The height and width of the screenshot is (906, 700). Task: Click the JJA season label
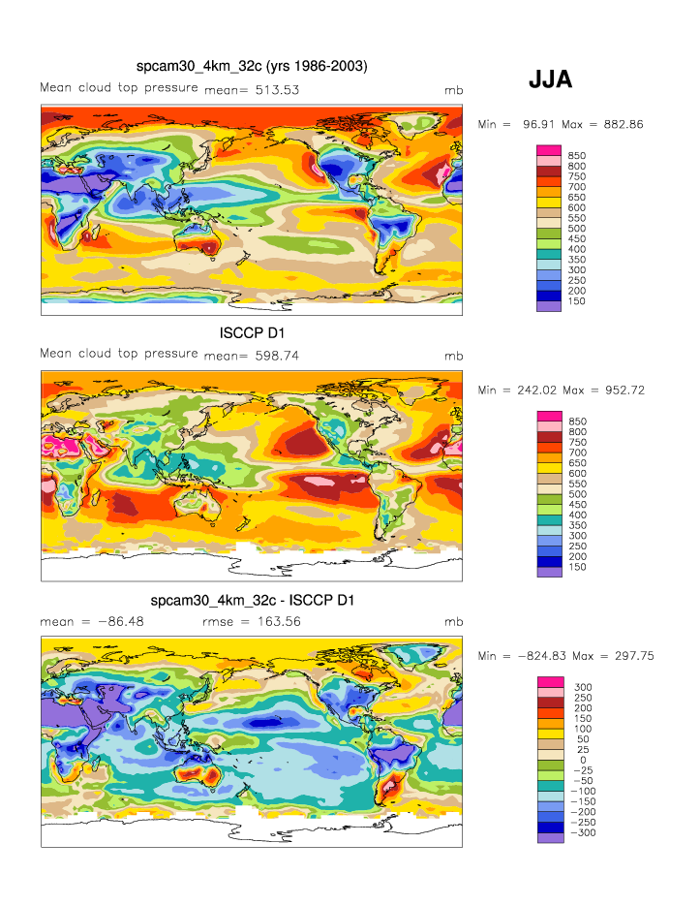pos(550,80)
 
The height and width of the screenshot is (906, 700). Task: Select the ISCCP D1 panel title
pos(252,333)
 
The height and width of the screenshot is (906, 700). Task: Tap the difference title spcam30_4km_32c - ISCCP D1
pos(252,601)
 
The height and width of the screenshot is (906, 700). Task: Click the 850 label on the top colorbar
pos(576,155)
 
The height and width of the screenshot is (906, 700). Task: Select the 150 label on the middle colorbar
pos(576,567)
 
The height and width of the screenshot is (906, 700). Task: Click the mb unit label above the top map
pos(452,90)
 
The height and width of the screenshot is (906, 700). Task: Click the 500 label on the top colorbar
pos(576,229)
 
